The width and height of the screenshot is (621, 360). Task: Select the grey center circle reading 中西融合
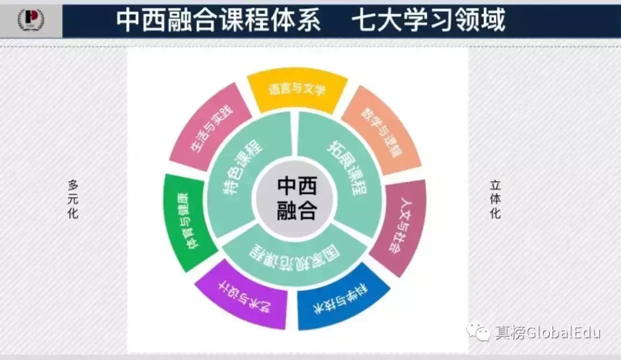point(297,198)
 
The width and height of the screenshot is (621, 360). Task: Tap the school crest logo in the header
point(32,19)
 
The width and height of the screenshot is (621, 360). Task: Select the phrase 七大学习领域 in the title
point(428,20)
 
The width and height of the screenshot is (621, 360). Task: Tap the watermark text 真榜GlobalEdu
point(546,332)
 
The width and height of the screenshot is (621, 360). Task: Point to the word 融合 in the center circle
point(297,210)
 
